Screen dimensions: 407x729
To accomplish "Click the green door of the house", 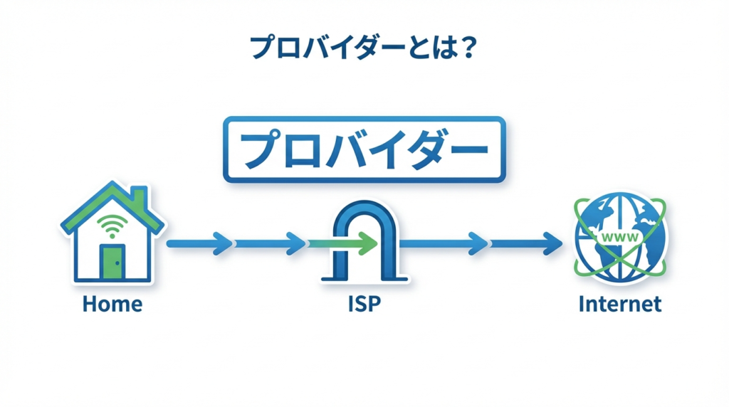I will (112, 262).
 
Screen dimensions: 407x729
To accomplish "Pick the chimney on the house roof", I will (139, 196).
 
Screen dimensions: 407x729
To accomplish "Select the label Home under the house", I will (112, 305).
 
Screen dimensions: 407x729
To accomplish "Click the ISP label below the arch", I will (364, 305).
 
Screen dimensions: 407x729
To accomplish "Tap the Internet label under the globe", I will (620, 305).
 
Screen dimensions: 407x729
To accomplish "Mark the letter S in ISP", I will (364, 305).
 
